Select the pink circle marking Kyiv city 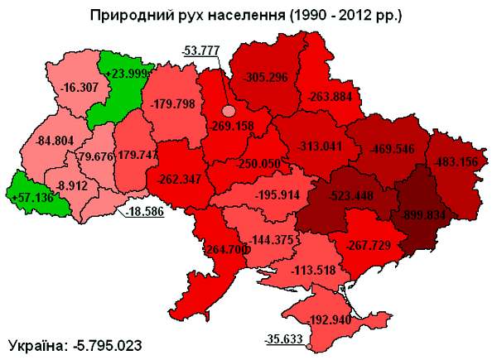pos(229,110)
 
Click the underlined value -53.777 pos(200,50)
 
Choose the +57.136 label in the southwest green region pos(31,198)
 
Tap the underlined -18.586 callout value pos(146,213)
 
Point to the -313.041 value pos(318,146)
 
